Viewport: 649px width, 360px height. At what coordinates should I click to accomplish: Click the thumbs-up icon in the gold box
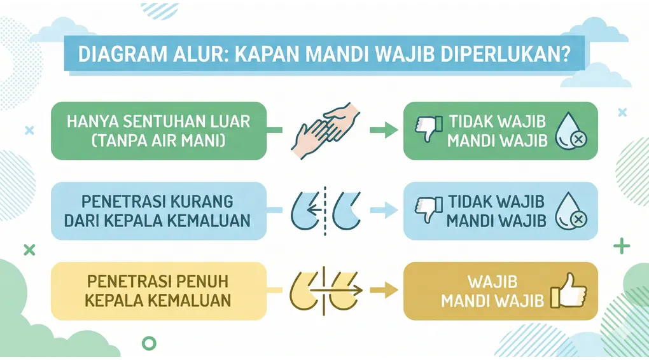point(568,291)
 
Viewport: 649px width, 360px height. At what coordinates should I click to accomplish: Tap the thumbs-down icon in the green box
point(428,129)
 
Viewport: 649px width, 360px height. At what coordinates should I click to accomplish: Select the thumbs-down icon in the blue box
point(428,210)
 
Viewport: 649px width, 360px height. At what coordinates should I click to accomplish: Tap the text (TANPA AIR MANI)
point(160,141)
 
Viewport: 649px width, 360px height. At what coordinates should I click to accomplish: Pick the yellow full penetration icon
point(324,291)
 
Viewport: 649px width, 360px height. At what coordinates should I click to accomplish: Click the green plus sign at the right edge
point(622,247)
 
